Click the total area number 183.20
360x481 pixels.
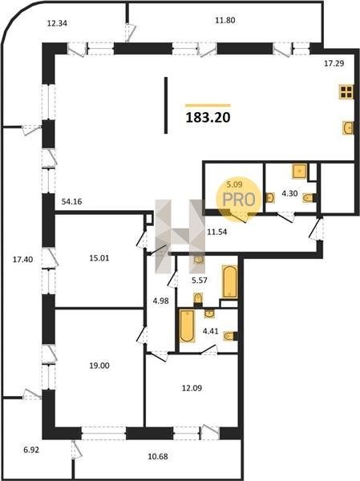coord(208,117)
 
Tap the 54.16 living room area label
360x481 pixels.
coord(72,201)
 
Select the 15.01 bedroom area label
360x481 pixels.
coord(99,258)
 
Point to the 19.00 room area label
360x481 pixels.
coord(99,366)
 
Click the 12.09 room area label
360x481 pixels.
coord(192,388)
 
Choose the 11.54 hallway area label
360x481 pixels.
coord(217,232)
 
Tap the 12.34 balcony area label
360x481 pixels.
coord(57,23)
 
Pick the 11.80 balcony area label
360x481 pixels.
coord(225,20)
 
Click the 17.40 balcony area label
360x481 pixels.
coord(22,260)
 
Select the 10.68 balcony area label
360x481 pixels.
coord(158,456)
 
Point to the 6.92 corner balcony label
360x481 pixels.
coord(31,451)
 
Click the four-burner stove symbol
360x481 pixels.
coord(346,91)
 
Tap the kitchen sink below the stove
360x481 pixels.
coord(348,127)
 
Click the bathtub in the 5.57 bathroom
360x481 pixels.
coord(229,281)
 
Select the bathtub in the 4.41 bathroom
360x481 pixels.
coord(187,325)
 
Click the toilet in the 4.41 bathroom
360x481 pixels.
coord(230,336)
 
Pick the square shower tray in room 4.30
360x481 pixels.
coord(300,172)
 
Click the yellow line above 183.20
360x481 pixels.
coord(208,105)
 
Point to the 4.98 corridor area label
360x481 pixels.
coord(161,301)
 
